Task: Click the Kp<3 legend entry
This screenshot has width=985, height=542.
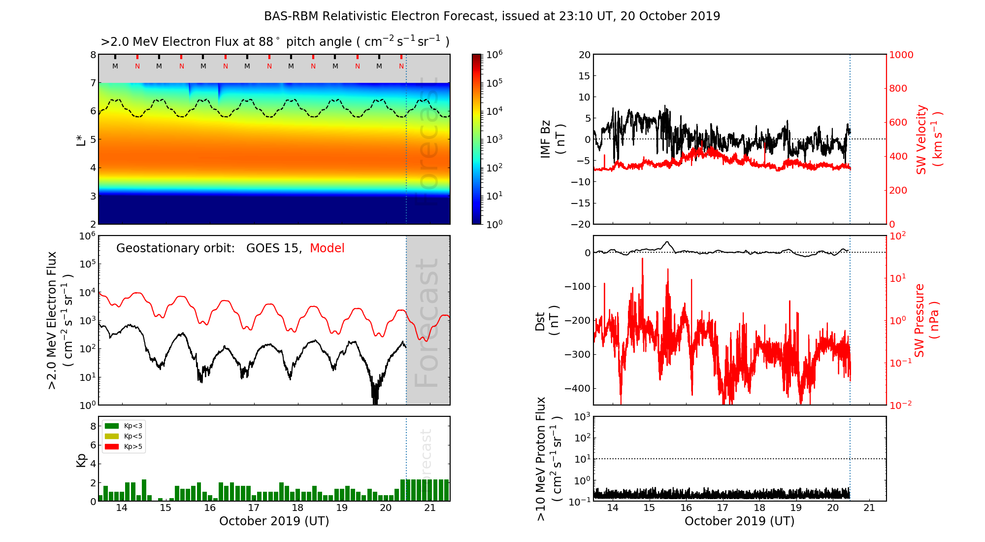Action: (124, 426)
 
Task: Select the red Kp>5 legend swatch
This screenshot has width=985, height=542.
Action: (112, 447)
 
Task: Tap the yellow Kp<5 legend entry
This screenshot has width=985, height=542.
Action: (124, 436)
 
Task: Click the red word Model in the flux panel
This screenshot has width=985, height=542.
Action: (327, 248)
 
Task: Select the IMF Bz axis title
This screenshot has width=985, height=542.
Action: (553, 139)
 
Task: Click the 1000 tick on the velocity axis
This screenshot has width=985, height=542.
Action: (901, 55)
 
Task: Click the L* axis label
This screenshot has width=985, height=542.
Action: (81, 139)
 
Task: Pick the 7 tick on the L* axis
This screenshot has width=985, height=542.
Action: (93, 83)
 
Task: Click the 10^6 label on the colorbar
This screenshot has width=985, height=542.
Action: (494, 54)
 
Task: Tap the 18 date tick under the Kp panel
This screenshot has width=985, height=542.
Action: (297, 508)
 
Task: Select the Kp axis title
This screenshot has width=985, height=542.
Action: (81, 459)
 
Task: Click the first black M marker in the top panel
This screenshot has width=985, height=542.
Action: (115, 66)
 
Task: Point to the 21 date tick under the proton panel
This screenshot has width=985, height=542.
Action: (869, 508)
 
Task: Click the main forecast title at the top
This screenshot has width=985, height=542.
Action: (492, 16)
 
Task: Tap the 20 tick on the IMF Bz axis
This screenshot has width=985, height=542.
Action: (584, 55)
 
